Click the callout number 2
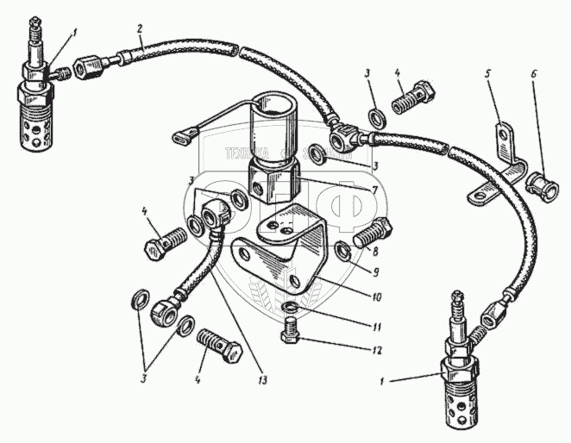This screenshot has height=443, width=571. (x=139, y=29)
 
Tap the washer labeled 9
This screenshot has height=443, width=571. (x=342, y=252)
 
